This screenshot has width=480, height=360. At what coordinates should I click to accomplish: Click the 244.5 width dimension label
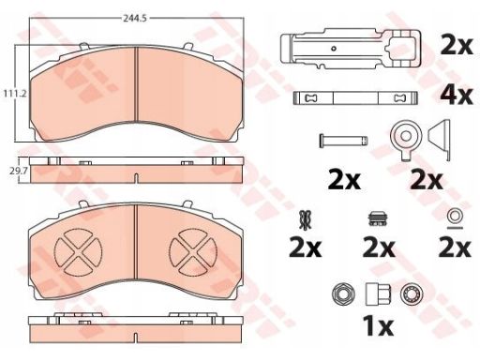point(135,19)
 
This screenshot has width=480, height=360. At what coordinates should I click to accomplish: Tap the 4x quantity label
point(457,96)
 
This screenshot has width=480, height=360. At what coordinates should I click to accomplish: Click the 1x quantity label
point(378,326)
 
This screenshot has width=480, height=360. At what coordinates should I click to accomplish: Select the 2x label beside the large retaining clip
point(457,47)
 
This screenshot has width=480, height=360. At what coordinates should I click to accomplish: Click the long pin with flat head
point(343,141)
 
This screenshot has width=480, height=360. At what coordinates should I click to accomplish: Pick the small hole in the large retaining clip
point(334,49)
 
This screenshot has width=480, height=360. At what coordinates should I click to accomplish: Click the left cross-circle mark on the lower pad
point(78,252)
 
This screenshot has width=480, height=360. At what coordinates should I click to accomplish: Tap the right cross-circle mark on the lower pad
point(193,252)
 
